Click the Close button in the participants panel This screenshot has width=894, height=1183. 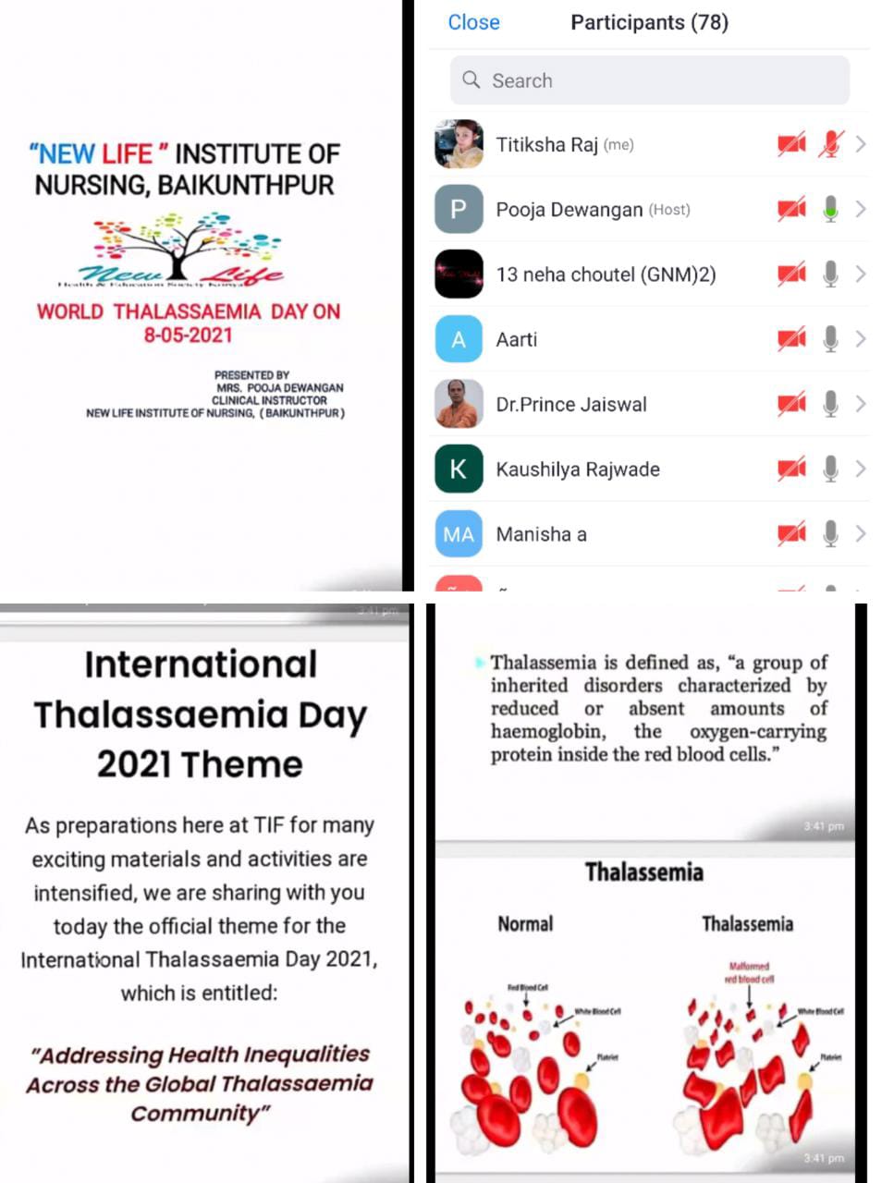(473, 22)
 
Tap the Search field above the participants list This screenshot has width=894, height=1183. (649, 80)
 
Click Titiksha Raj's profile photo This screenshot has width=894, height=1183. (459, 144)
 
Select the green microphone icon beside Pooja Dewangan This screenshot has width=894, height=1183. (830, 209)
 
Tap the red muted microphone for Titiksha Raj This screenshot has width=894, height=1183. (830, 144)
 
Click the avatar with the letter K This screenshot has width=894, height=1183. (459, 470)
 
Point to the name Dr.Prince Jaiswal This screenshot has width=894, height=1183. (571, 404)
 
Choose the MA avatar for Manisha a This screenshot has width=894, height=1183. (459, 534)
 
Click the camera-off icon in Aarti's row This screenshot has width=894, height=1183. (791, 339)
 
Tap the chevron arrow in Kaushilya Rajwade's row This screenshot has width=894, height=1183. (861, 469)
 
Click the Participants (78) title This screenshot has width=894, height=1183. (649, 22)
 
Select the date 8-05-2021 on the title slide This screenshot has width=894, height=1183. (188, 335)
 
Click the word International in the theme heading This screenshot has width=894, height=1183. (201, 665)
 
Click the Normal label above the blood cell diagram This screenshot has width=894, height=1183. (525, 923)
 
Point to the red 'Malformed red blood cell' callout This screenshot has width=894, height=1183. (749, 972)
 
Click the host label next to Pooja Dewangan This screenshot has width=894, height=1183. (669, 210)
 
